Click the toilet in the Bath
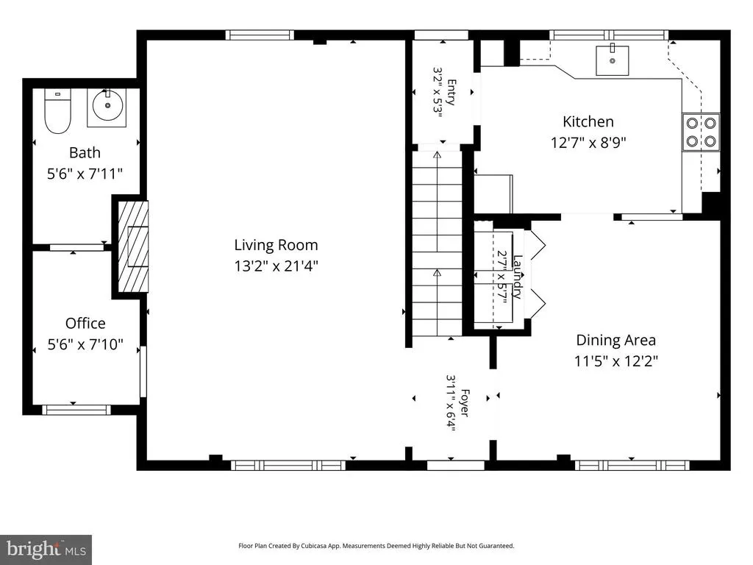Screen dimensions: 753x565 (57, 111)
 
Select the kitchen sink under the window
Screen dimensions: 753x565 (613, 60)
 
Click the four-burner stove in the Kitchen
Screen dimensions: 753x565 (701, 132)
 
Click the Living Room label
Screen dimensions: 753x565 (276, 245)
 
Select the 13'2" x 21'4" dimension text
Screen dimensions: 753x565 (276, 266)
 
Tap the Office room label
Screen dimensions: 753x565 (85, 323)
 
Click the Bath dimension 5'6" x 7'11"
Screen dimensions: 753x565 (85, 174)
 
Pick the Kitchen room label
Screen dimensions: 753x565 (588, 121)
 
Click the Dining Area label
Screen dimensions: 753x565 (615, 340)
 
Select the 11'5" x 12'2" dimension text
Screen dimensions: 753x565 (616, 360)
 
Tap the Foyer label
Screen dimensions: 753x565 (465, 402)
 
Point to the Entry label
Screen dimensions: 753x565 (452, 92)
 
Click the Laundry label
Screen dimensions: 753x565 (517, 277)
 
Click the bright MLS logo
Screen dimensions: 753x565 (46, 550)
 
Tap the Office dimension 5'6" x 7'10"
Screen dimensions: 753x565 (85, 344)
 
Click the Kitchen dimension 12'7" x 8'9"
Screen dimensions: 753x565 (588, 143)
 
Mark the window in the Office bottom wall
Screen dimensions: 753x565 (76, 410)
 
